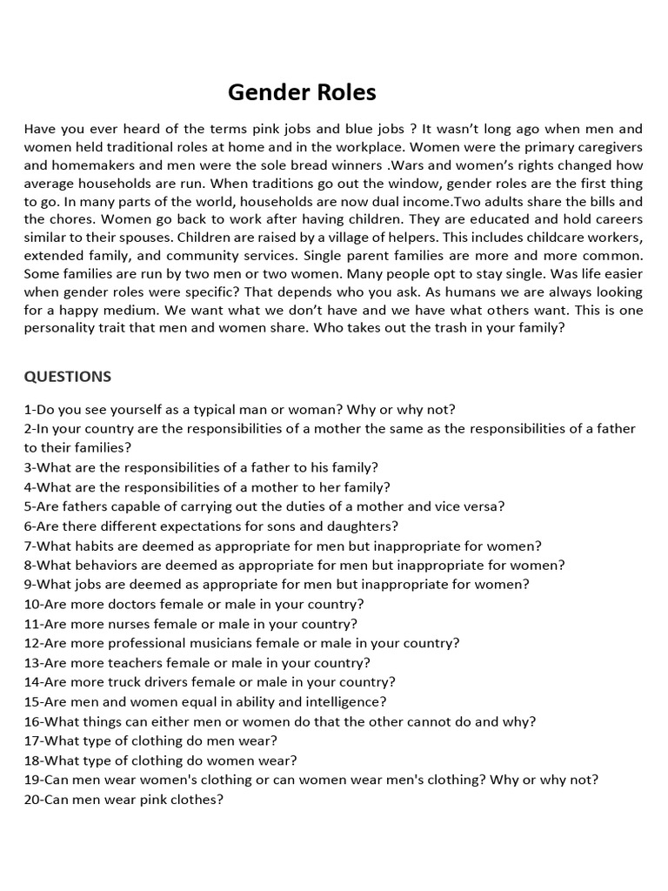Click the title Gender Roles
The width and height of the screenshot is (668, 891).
click(302, 92)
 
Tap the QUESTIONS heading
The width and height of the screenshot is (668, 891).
click(68, 376)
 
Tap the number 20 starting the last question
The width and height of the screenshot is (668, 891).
click(31, 799)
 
